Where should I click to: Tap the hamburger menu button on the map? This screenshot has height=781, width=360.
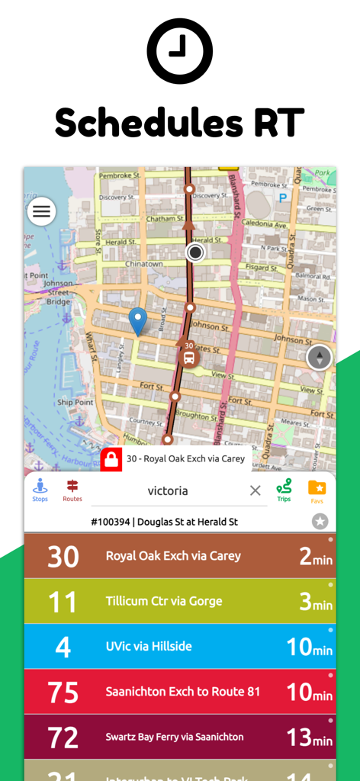point(41,211)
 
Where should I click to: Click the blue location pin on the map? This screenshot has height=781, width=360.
point(137,320)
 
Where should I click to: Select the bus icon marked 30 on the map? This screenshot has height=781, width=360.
point(188,355)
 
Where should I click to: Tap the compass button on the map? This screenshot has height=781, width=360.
point(319,357)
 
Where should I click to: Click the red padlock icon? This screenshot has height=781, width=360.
point(111,459)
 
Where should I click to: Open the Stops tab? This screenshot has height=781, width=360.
point(40,490)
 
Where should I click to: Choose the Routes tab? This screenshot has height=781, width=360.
point(72,490)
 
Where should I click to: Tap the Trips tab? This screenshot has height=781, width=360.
point(284,490)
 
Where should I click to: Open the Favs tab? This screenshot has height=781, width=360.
point(317,490)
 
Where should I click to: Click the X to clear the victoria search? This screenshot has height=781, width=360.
point(256,490)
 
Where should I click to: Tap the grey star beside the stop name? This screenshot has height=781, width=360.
point(320,522)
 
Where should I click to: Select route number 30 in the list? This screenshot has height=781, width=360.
point(63,556)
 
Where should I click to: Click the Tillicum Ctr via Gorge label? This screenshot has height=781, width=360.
point(164,601)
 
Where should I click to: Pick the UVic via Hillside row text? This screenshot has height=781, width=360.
point(149,646)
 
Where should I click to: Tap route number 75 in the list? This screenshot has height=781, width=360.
point(63,692)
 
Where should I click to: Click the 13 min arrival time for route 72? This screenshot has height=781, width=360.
point(310,738)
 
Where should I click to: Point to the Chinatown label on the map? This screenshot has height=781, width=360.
point(143,264)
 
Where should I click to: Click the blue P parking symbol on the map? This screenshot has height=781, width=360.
point(283,198)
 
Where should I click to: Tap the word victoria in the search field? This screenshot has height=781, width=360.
point(168,490)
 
